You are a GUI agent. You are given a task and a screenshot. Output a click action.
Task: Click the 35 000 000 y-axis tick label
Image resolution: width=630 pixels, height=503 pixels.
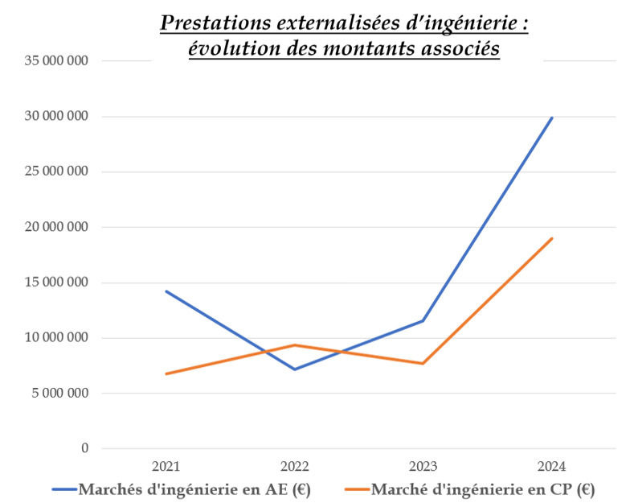(55, 61)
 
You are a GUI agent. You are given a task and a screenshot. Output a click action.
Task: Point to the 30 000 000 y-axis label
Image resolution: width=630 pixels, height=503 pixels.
(55, 117)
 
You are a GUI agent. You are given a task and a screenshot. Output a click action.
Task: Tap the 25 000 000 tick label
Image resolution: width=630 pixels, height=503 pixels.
(55, 172)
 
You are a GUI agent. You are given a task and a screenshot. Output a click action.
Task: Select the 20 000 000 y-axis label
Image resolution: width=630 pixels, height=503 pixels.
(55, 228)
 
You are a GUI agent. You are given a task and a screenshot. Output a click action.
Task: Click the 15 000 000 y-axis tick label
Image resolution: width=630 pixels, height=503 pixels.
(55, 283)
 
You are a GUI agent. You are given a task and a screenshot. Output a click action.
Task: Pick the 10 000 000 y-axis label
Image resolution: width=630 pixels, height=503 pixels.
(55, 338)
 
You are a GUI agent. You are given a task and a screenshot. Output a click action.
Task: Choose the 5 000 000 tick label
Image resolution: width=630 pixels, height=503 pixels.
(59, 394)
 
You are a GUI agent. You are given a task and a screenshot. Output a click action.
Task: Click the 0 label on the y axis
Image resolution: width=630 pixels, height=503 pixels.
(84, 448)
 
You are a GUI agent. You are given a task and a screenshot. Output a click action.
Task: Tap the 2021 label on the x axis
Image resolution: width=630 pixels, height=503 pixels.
(166, 466)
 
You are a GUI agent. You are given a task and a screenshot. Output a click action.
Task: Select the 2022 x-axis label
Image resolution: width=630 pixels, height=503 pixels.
(295, 466)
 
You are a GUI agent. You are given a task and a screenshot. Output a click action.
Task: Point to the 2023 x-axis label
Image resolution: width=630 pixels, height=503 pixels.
(423, 466)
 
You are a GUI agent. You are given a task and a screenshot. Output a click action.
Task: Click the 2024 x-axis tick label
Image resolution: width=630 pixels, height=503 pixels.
(552, 466)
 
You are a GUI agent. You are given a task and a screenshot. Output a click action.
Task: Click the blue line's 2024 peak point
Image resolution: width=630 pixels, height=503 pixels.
(552, 118)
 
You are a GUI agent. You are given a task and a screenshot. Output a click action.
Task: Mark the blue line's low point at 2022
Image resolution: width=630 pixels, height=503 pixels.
(295, 369)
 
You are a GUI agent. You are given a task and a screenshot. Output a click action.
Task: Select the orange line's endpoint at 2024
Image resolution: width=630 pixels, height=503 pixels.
(552, 238)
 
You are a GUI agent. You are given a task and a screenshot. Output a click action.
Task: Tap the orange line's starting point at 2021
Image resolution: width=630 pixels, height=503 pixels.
(166, 373)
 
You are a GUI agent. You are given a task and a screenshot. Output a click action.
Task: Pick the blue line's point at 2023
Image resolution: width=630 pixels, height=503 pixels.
(423, 321)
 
